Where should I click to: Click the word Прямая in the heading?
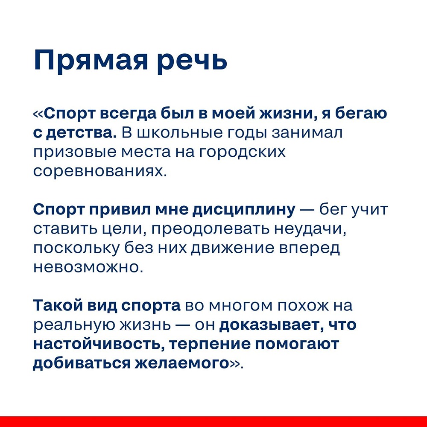pyautogui.click(x=91, y=61)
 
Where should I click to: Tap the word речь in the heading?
pyautogui.click(x=192, y=61)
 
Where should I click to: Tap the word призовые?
pyautogui.click(x=75, y=152)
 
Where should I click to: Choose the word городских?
pyautogui.click(x=243, y=152)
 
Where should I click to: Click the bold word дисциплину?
pyautogui.click(x=244, y=210)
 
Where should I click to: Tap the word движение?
pyautogui.click(x=232, y=249)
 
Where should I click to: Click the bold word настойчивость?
pyautogui.click(x=99, y=344)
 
